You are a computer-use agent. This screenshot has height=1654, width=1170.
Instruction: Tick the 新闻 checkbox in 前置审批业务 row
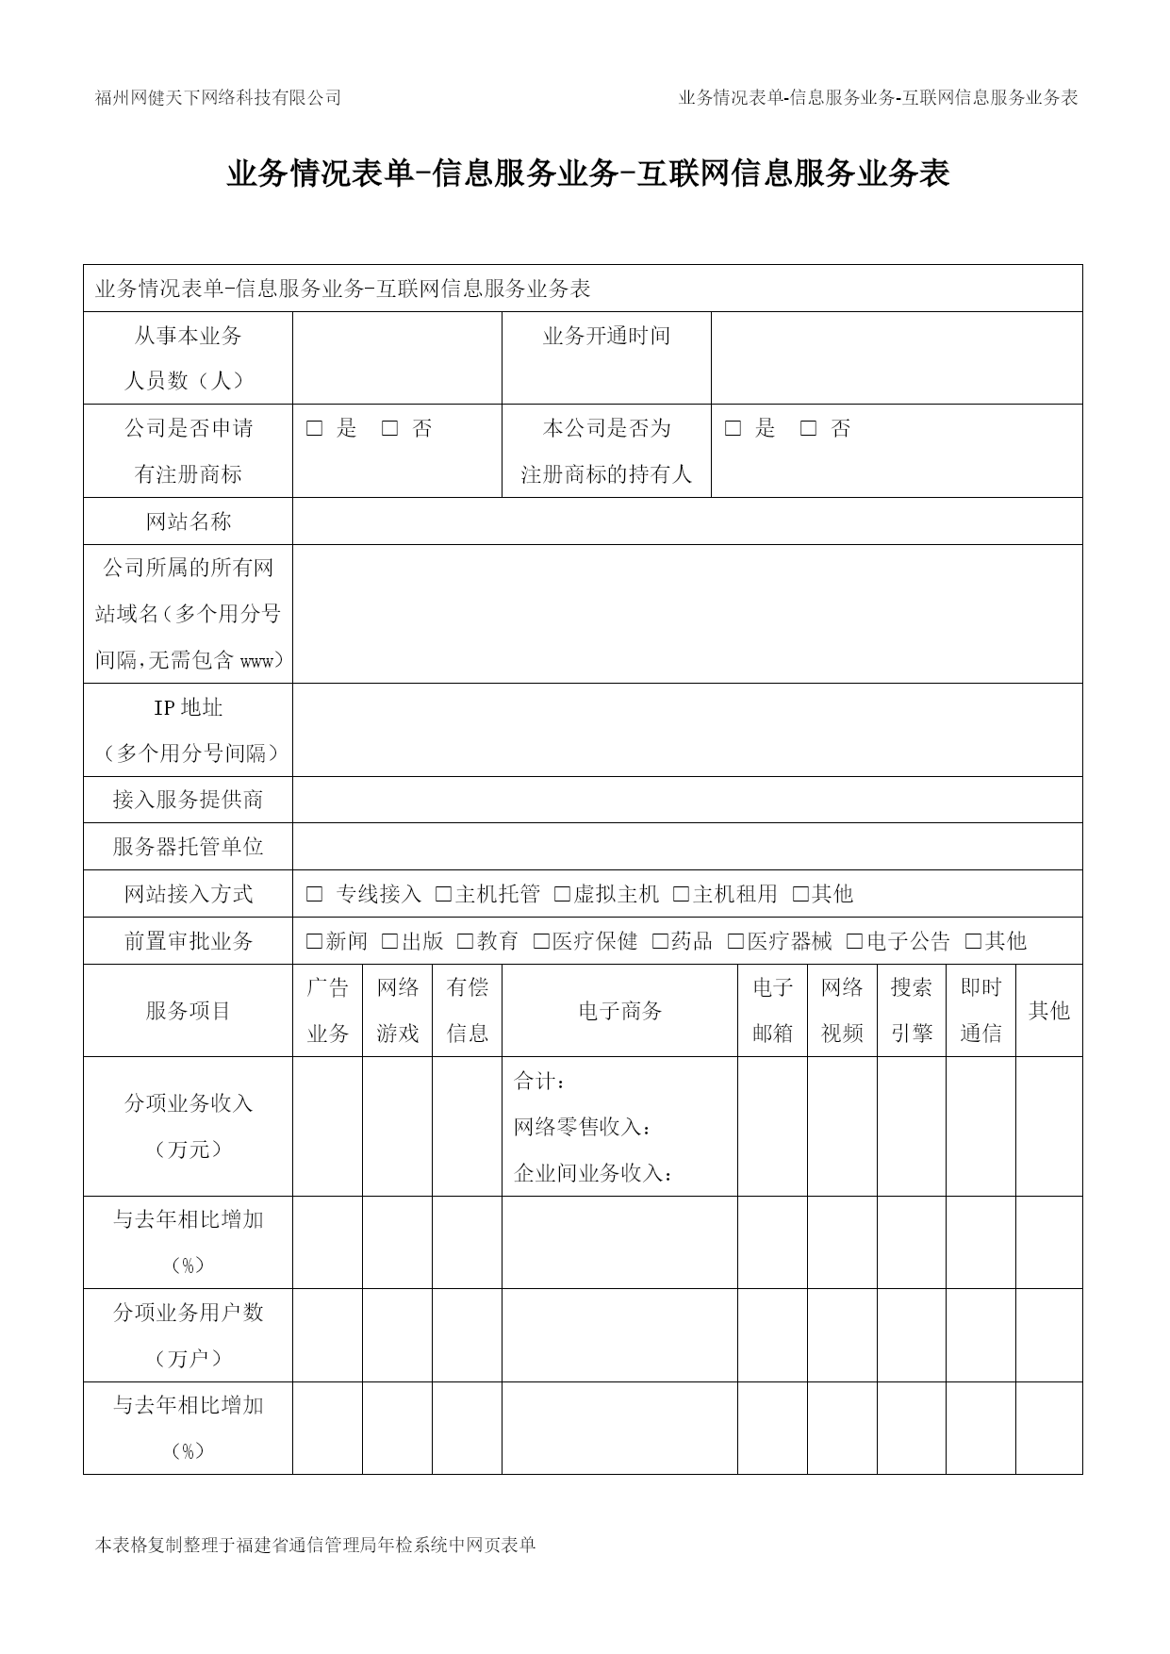(314, 941)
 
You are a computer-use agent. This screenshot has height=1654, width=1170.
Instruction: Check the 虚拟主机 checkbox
(562, 894)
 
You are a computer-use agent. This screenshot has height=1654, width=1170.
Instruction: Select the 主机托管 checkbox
(443, 894)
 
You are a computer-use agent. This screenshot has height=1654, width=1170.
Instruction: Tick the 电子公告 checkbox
(854, 941)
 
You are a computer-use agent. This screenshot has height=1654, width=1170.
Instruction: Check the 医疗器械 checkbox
(735, 941)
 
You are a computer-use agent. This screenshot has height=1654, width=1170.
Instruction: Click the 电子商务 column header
(619, 1011)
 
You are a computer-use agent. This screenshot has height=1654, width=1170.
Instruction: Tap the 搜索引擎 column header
(911, 1011)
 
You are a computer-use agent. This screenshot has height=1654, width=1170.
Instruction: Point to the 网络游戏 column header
(397, 1011)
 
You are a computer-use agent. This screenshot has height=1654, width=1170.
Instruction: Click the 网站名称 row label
(188, 521)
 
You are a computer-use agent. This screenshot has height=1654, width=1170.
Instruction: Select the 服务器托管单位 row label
(188, 847)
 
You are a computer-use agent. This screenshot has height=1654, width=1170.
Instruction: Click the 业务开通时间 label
(606, 336)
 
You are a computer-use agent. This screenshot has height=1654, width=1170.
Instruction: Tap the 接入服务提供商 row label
(188, 800)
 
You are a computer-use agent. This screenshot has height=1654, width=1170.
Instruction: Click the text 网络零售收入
(583, 1127)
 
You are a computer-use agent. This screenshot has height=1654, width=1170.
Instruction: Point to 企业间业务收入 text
(594, 1174)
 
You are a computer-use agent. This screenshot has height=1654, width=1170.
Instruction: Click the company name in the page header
(218, 97)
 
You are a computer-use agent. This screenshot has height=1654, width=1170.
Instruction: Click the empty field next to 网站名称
(686, 521)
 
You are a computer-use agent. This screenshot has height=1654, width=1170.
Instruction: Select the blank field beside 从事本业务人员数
(397, 358)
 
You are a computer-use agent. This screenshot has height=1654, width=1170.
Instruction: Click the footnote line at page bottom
(316, 1546)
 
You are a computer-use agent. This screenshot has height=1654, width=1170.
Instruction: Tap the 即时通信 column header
(980, 1011)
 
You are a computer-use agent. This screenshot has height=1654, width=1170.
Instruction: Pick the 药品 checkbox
(660, 941)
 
